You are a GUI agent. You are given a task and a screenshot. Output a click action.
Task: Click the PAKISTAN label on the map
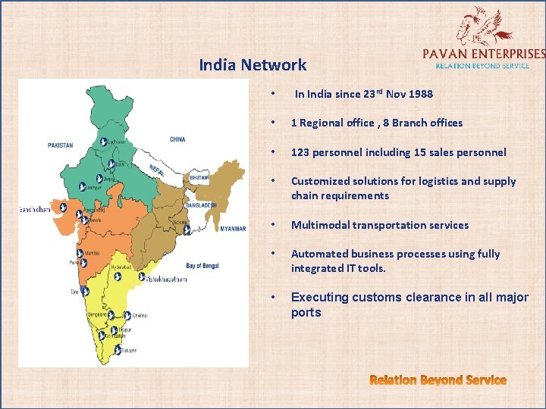60,145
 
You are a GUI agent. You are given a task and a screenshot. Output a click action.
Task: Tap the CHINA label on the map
177,139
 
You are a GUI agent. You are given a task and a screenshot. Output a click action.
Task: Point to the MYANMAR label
233,228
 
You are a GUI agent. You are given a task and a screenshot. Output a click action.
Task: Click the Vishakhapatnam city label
164,279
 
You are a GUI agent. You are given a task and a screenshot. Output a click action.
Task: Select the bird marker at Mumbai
80,254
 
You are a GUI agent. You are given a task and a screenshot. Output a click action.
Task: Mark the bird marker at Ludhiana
101,142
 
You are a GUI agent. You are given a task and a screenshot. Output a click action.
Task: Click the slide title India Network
253,65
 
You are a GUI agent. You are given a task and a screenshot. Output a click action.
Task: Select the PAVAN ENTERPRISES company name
482,53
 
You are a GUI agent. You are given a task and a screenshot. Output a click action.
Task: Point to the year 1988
421,94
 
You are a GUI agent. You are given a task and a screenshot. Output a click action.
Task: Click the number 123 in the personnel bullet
301,152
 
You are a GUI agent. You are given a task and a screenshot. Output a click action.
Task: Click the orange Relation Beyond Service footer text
438,379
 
